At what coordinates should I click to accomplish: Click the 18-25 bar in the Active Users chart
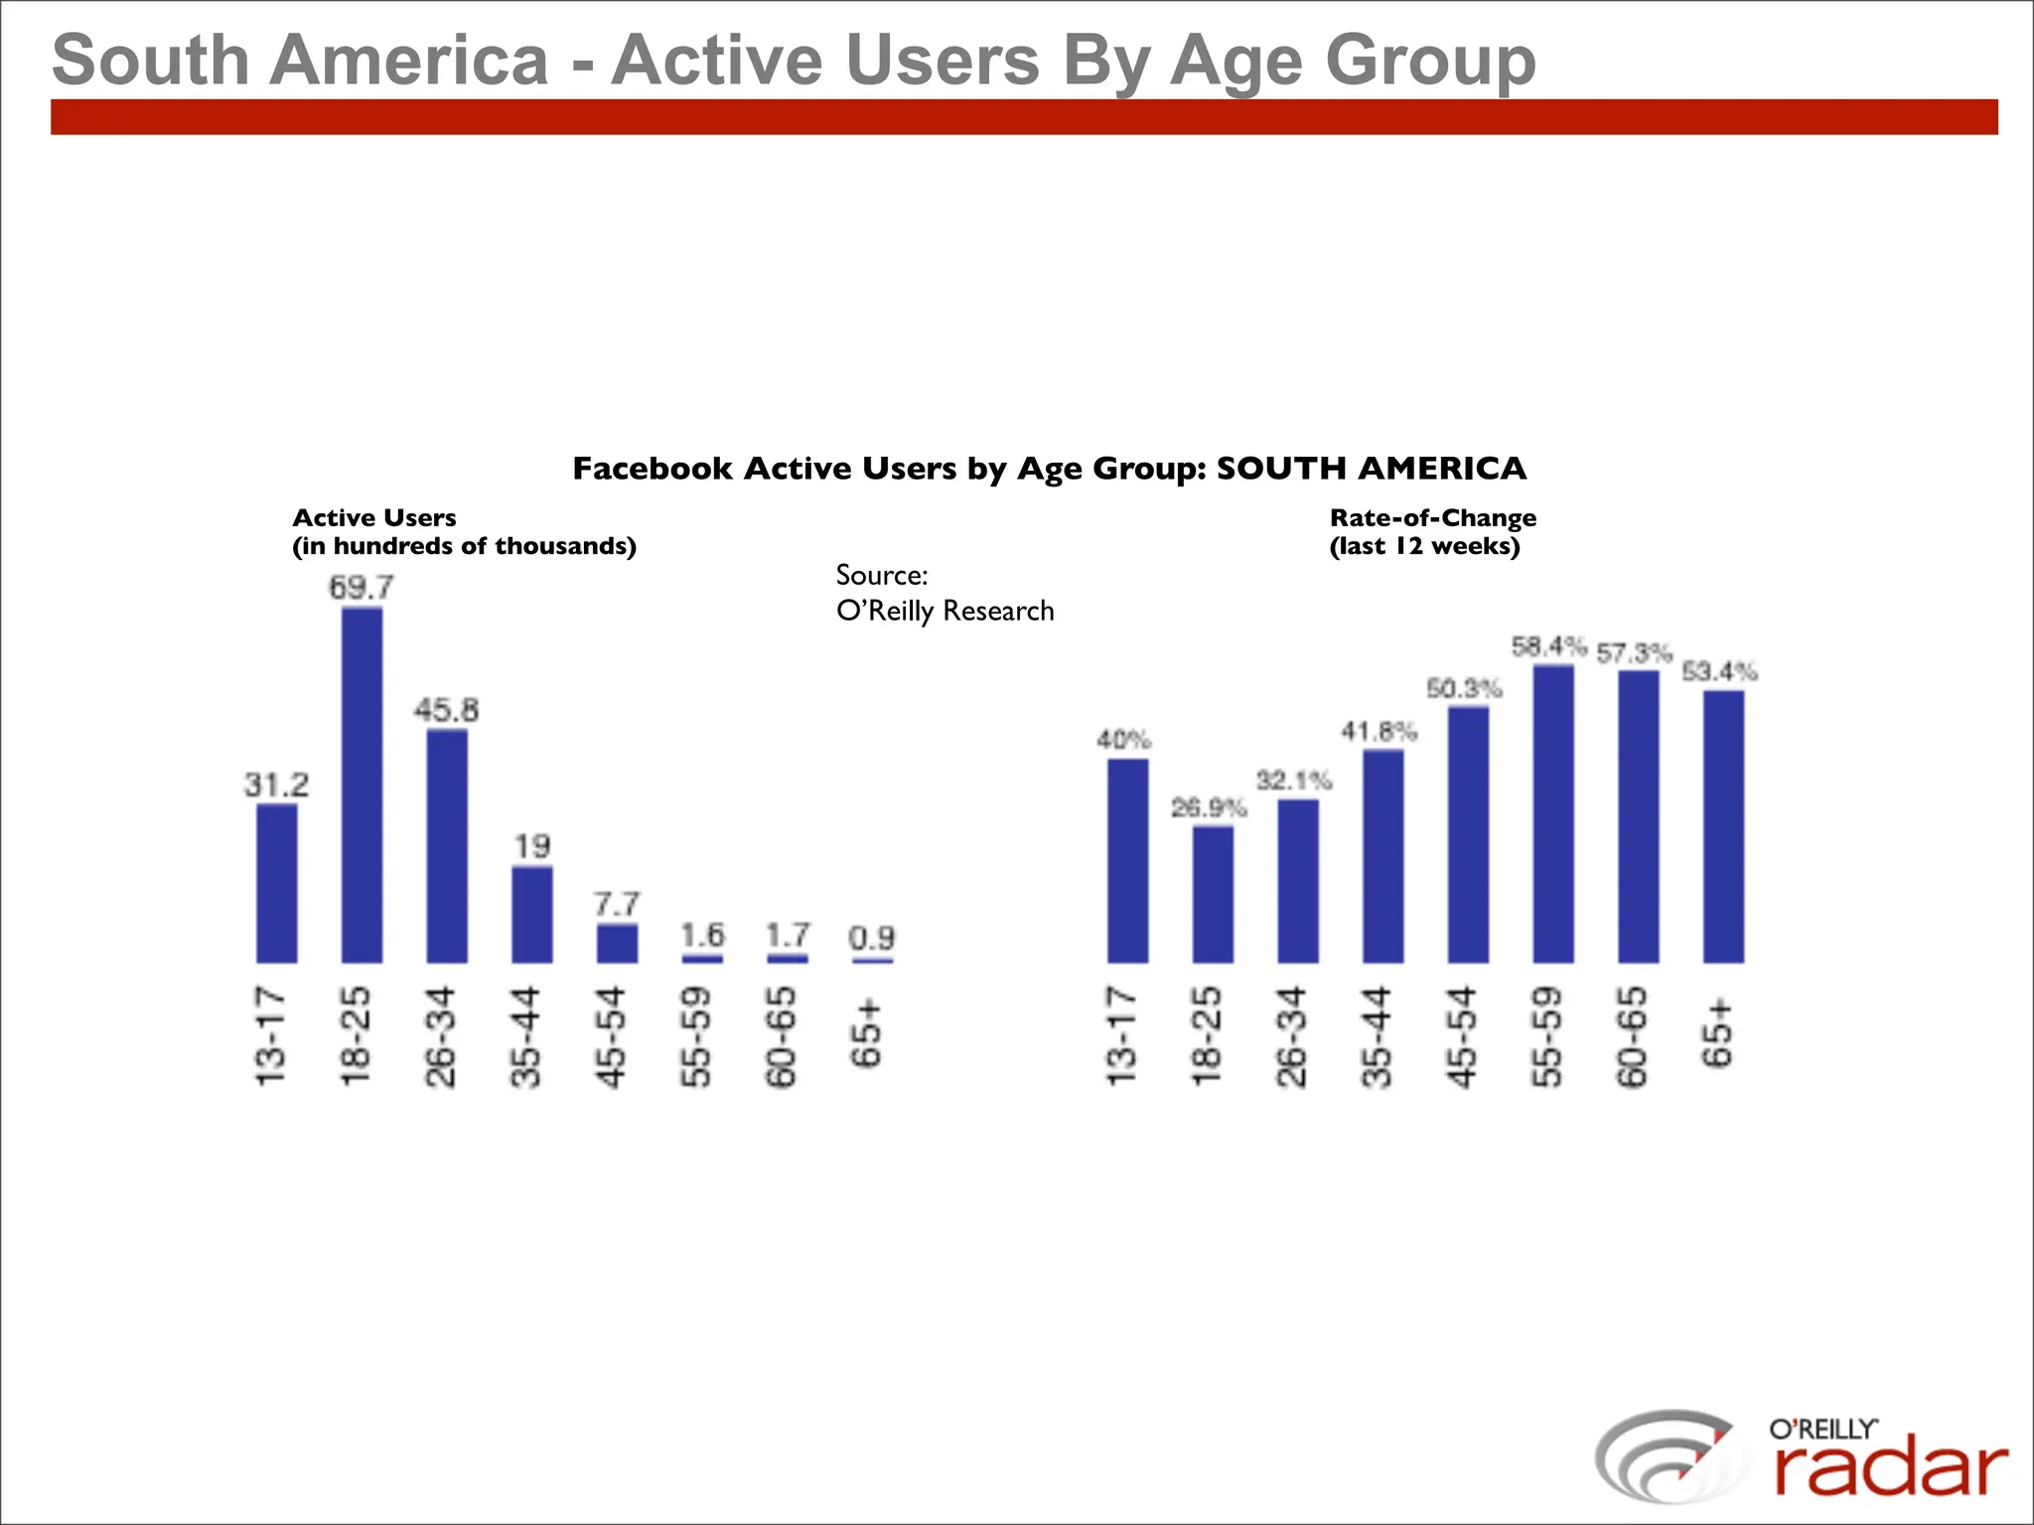tap(362, 784)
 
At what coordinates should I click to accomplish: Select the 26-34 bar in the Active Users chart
tap(447, 846)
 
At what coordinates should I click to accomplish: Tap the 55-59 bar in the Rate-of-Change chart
tap(1553, 814)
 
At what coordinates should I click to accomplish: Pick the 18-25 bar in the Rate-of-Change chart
tap(1213, 894)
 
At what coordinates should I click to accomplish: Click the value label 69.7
tap(362, 587)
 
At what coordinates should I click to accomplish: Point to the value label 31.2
tap(276, 785)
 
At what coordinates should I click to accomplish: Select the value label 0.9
tap(872, 937)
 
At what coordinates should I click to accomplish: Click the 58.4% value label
tap(1548, 647)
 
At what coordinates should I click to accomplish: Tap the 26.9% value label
tap(1208, 807)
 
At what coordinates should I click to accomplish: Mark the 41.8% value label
tap(1379, 732)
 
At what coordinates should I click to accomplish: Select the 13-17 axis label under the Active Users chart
tap(270, 1036)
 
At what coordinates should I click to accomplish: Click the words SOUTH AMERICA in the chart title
tap(1371, 469)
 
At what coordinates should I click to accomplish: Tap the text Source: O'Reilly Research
tap(944, 593)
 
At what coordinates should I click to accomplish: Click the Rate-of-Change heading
tap(1432, 518)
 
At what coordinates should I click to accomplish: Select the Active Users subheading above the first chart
tap(374, 518)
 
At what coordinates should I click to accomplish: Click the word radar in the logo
tap(1890, 1468)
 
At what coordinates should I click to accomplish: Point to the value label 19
tap(531, 846)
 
